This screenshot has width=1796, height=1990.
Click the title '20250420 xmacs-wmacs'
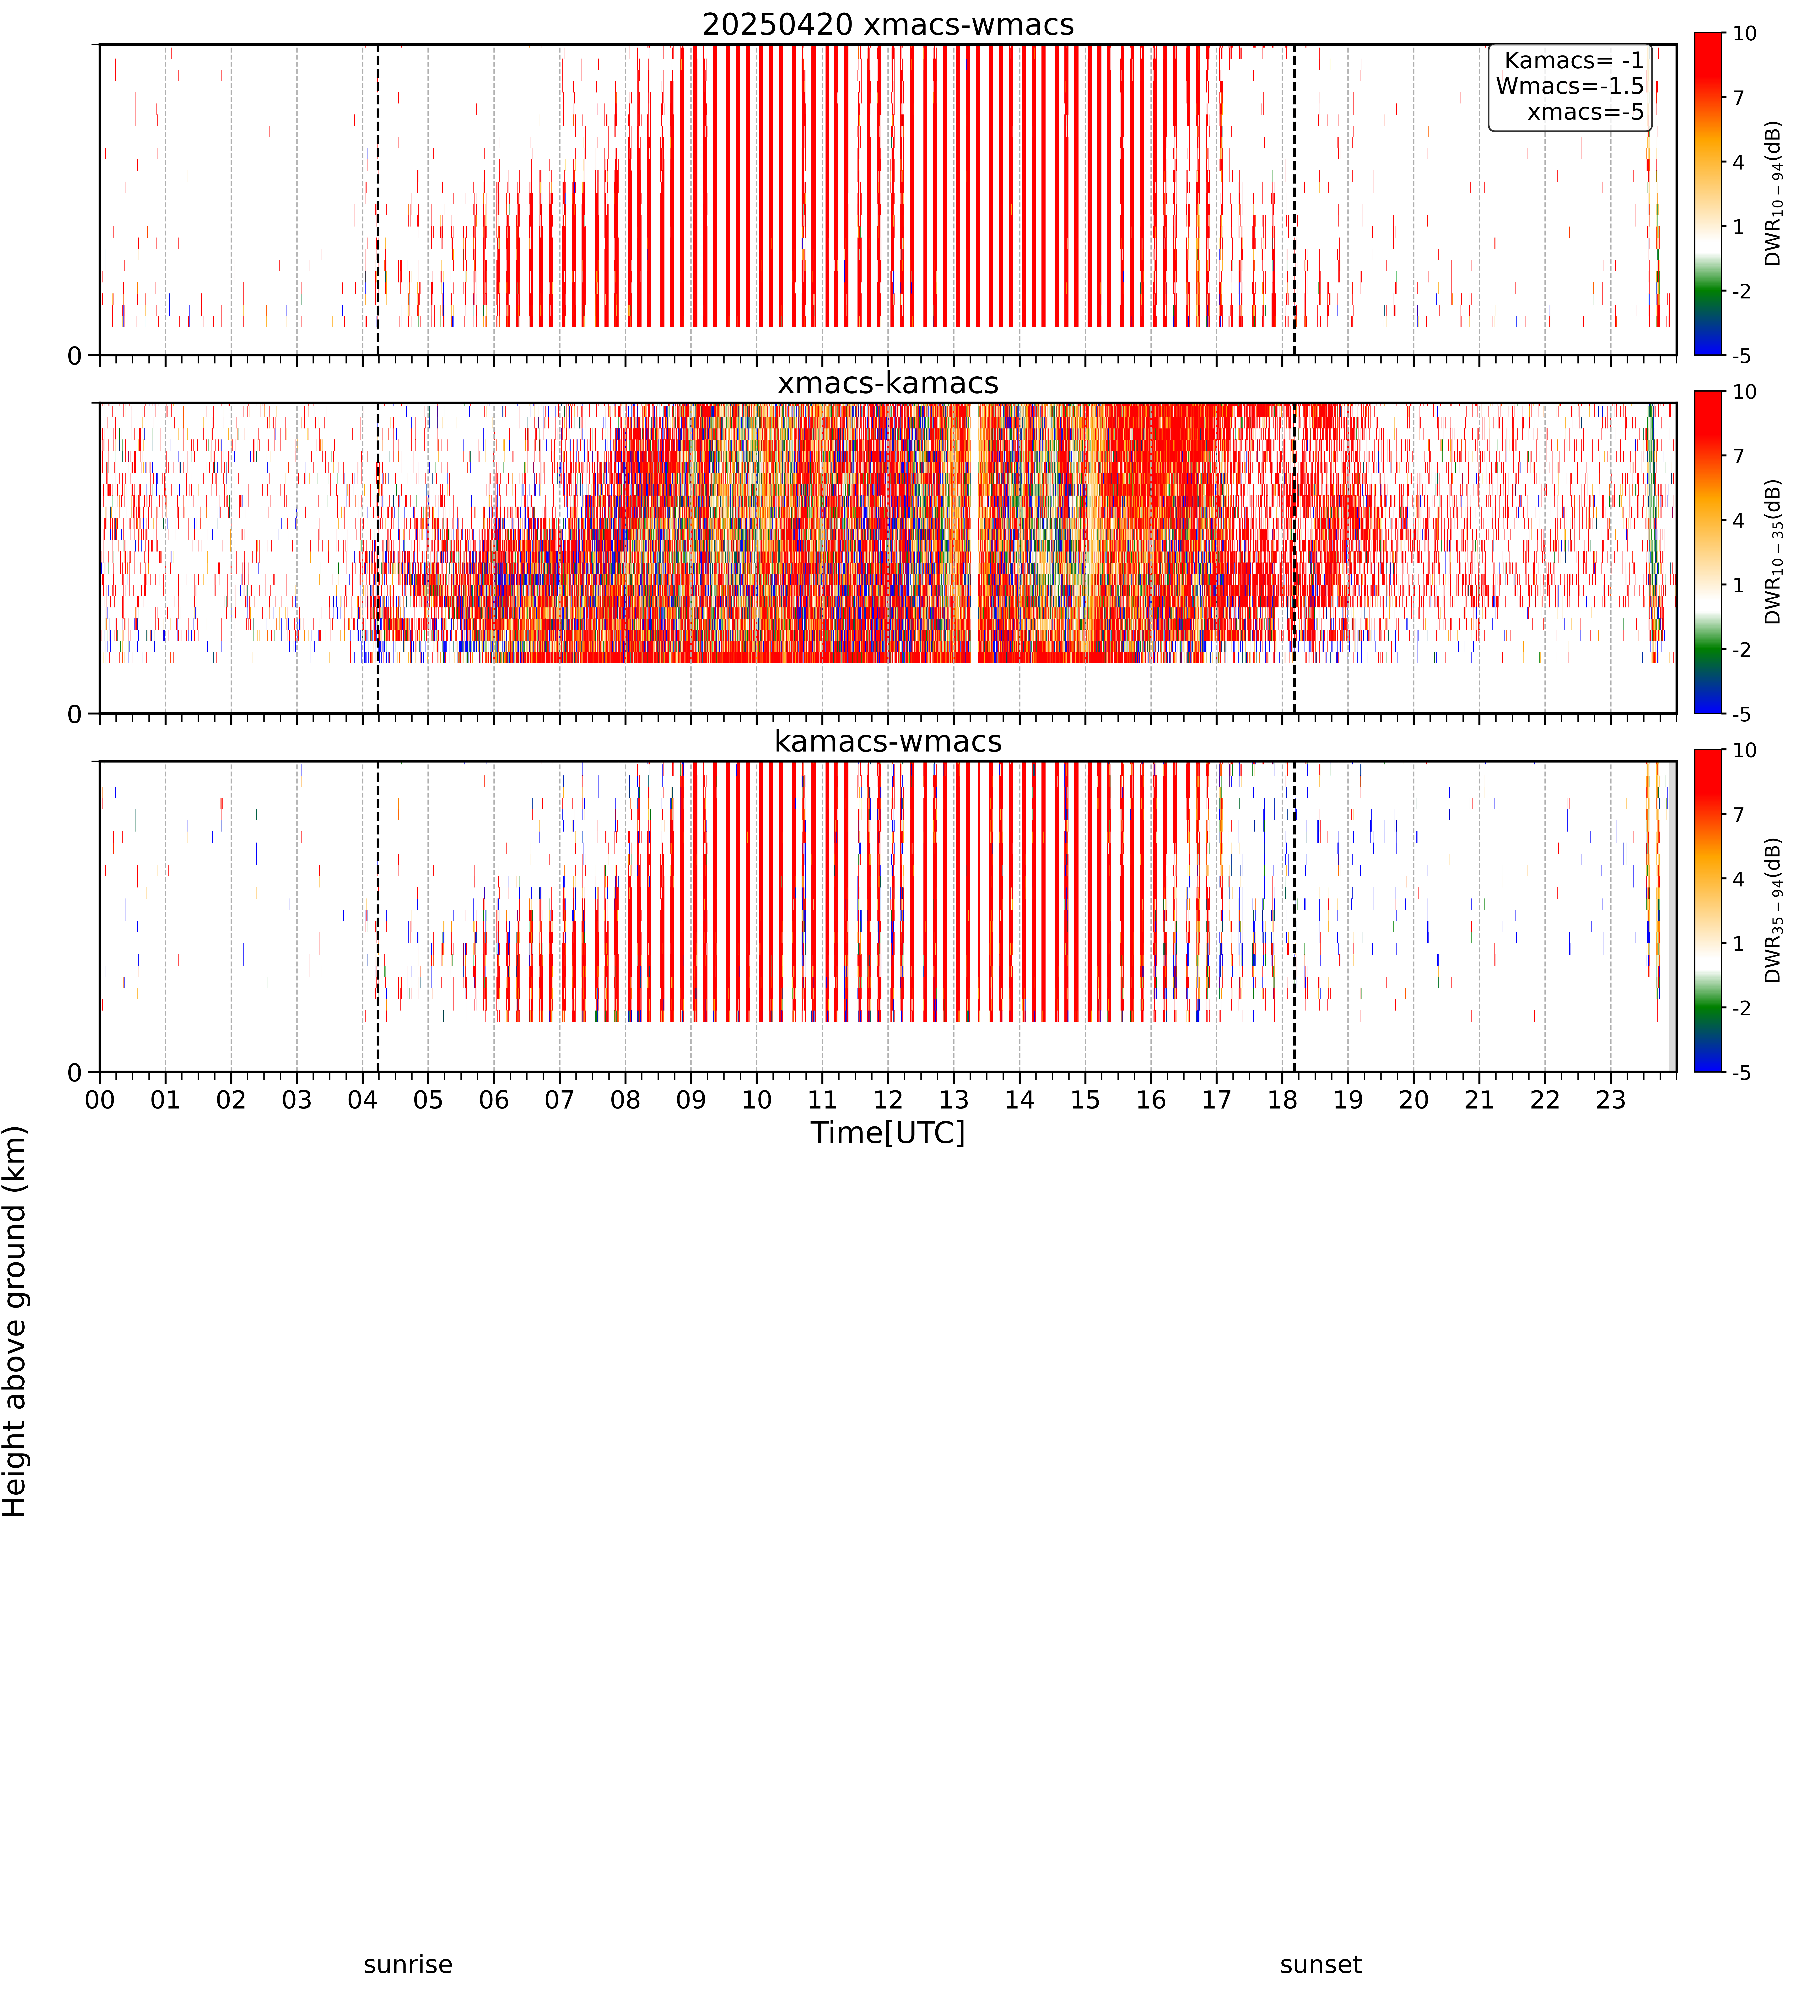pyautogui.click(x=888, y=25)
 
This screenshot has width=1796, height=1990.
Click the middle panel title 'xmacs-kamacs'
pyautogui.click(x=888, y=383)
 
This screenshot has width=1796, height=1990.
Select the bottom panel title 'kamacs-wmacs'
pyautogui.click(x=888, y=741)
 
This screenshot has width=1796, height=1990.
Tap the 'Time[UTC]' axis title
pyautogui.click(x=888, y=1132)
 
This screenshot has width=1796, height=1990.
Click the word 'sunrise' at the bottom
pyautogui.click(x=408, y=1964)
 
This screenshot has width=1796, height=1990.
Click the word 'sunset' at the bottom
pyautogui.click(x=1320, y=1964)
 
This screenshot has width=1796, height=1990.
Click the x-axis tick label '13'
pyautogui.click(x=953, y=1100)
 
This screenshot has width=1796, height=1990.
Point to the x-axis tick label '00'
pyautogui.click(x=100, y=1100)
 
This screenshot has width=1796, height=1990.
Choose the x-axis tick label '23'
pyautogui.click(x=1611, y=1100)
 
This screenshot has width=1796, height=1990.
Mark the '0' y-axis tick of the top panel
pyautogui.click(x=75, y=355)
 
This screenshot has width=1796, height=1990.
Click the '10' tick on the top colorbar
pyautogui.click(x=1745, y=33)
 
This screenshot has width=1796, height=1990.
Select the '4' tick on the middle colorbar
pyautogui.click(x=1739, y=520)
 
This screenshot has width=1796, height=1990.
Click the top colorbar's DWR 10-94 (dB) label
pyautogui.click(x=1773, y=194)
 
